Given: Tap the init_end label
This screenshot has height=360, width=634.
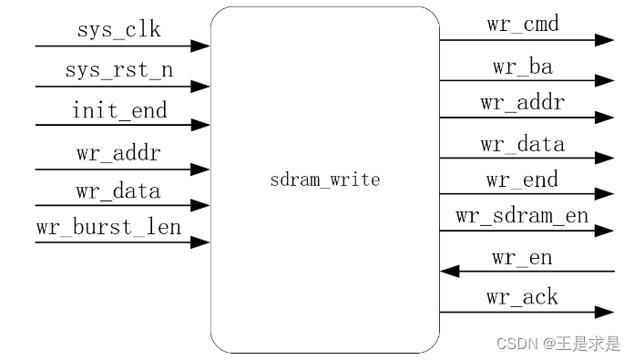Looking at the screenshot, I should point(119,111).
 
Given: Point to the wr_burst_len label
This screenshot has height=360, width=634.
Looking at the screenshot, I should point(108,227).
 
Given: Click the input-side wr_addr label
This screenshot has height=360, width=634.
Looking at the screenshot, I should point(118,153).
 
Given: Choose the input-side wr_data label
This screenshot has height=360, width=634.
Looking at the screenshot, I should point(118,191).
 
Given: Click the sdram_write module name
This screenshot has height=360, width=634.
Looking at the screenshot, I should point(325,180).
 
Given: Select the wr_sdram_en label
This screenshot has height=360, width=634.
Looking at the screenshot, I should point(522,217).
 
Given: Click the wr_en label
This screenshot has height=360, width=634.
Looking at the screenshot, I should point(522,258).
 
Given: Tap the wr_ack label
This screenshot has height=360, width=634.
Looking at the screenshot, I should point(522,297).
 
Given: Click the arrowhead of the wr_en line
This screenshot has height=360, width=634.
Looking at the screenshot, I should point(448,271).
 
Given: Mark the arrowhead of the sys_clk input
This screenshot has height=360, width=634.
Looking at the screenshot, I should point(201,46).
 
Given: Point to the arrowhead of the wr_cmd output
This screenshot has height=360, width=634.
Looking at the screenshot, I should point(605,40).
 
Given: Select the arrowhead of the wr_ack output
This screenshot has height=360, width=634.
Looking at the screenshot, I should point(605,313).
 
